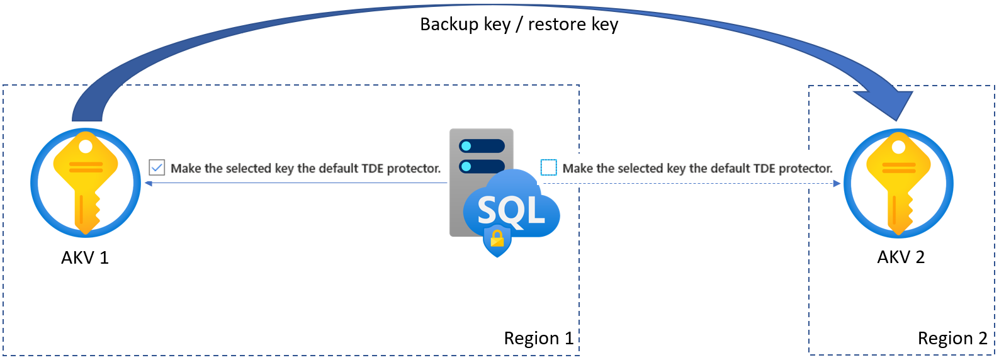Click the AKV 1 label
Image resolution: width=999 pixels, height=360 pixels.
coord(85,258)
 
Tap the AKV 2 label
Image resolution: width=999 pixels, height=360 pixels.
coord(901,257)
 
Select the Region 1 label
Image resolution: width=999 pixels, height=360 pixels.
coord(539,339)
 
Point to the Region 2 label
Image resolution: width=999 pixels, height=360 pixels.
coord(952,339)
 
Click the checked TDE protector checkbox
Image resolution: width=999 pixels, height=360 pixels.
coord(157,167)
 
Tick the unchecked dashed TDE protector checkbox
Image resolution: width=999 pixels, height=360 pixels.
coord(549,167)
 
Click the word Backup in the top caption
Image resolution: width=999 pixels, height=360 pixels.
coord(449,25)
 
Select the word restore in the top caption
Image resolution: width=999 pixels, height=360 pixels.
coord(556,25)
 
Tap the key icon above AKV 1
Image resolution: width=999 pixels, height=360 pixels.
coord(86,183)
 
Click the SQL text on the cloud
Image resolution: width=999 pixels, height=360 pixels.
coord(511,210)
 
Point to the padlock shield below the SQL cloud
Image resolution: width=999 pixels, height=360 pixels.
coord(497,242)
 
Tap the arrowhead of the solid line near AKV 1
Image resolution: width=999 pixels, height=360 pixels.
coord(149,183)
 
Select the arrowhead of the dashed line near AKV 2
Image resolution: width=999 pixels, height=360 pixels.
coord(837,184)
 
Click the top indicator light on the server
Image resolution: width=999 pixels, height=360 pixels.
coord(466,146)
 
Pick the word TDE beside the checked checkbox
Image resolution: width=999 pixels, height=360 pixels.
coord(373,169)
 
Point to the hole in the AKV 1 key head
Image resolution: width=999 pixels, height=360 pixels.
coord(86,147)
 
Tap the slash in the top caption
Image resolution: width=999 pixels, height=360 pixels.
coord(519,25)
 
